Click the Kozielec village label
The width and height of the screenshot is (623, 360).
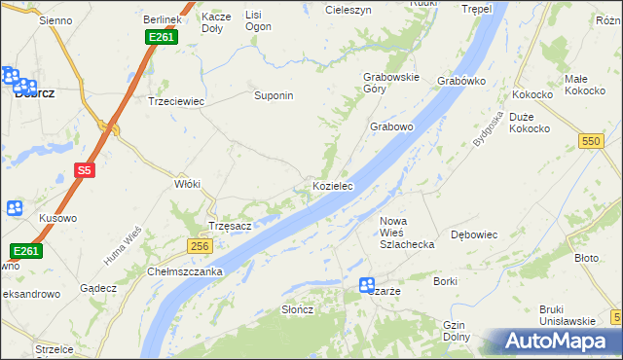pos(332,185)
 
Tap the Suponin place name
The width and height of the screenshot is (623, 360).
pos(274,96)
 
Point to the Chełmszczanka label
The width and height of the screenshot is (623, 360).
pos(186,271)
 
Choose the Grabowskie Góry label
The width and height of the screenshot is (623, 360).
pos(390,83)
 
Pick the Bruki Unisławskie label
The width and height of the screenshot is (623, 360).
pos(567,315)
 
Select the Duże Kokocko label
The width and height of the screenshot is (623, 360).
pos(530,123)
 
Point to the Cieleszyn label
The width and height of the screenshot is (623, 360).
pos(348,9)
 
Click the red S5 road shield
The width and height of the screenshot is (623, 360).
pos(85,170)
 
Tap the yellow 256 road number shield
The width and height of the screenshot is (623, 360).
pos(200,246)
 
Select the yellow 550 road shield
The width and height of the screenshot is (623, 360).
pos(590,141)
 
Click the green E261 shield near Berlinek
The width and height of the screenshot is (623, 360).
pos(161,37)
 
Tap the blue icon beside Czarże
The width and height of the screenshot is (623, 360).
pos(367,285)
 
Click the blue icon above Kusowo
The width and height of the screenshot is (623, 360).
pos(15,207)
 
